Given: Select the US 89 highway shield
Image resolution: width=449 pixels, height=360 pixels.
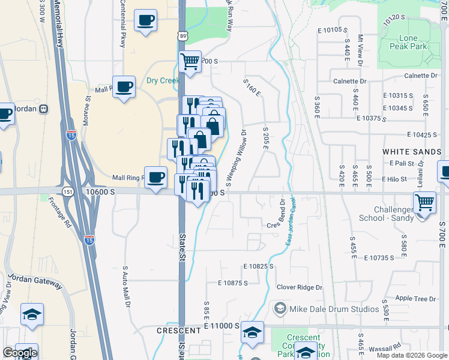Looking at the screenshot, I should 182,37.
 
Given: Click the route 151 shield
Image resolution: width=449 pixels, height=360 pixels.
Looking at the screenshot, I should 67,191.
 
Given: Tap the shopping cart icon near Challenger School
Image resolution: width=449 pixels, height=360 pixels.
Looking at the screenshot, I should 424,202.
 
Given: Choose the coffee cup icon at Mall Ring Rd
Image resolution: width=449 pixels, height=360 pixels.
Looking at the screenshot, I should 156,176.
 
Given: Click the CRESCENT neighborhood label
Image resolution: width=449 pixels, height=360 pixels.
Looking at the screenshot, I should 178,331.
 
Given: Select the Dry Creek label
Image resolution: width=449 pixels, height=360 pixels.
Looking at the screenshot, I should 163,80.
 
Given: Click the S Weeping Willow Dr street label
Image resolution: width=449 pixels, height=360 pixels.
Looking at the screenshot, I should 235,158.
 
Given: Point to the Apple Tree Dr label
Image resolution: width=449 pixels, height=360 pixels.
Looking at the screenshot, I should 415,298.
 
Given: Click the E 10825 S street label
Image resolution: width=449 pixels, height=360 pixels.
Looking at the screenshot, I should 258,266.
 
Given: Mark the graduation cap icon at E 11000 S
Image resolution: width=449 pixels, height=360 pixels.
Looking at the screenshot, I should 252,331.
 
